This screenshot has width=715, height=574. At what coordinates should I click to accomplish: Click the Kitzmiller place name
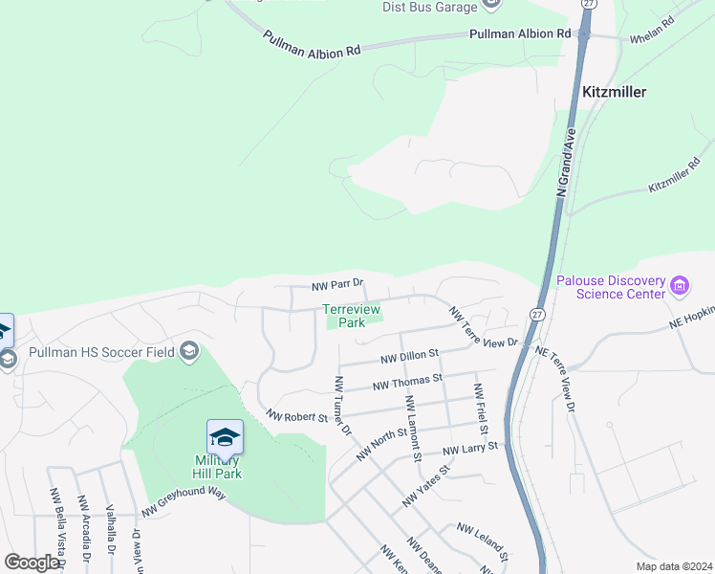click(614, 92)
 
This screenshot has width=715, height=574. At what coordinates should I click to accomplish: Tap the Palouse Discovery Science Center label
click(611, 287)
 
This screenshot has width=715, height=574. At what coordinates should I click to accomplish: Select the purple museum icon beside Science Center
click(680, 285)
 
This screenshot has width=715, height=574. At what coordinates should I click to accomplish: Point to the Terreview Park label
click(351, 316)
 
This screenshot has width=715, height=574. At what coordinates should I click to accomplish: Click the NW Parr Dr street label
click(338, 285)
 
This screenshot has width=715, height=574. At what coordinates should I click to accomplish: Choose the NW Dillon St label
click(408, 356)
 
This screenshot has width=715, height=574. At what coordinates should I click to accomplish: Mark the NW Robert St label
click(297, 417)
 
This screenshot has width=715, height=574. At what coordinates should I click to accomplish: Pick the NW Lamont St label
click(413, 427)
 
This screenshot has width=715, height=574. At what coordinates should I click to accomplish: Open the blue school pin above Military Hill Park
click(225, 438)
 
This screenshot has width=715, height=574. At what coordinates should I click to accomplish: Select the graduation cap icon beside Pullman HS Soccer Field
click(189, 351)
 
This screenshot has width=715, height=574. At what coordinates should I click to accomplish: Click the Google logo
click(32, 562)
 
